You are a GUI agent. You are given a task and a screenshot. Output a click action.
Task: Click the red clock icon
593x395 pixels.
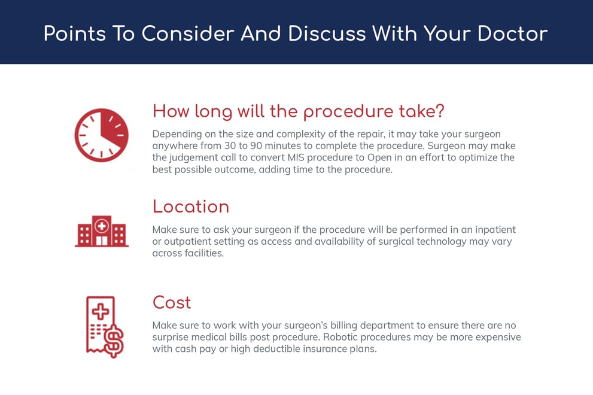pos(101,135)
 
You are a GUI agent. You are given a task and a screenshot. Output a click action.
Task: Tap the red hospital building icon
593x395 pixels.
pos(102,231)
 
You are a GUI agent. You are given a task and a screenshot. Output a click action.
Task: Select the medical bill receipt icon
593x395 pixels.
pos(105,327)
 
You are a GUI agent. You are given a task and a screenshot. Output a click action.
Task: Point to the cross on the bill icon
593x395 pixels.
pos(100,312)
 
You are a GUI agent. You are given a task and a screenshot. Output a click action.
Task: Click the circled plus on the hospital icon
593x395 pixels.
pos(102,226)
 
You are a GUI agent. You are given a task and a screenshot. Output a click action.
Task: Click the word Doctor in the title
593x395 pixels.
pos(512,34)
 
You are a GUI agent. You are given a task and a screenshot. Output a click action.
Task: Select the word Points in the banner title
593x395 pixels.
pos(75,34)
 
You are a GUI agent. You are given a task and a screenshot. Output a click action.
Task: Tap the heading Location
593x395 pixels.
pos(191,206)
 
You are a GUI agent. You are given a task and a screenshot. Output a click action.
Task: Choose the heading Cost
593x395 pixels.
pos(172,302)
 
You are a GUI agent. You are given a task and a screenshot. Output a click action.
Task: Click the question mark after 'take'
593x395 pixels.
pos(439,111)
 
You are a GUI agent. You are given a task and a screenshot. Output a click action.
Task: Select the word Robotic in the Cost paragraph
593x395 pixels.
pos(340,337)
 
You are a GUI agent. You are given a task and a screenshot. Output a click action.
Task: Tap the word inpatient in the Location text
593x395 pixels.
pos(495,230)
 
